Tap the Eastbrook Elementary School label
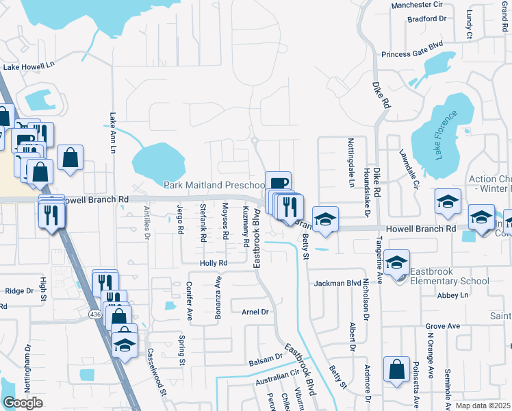pos(450,281)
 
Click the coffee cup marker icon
pos(278,183)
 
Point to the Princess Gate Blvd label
pos(412,54)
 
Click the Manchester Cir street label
pos(417,5)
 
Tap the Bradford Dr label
pos(426,19)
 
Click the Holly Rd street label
pos(213,263)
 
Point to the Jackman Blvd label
pos(337,283)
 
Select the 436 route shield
pos(94,314)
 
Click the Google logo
pos(23,403)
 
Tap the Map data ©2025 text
pos(483,406)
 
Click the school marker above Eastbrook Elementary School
pos(397,262)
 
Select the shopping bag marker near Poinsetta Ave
pos(397,370)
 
